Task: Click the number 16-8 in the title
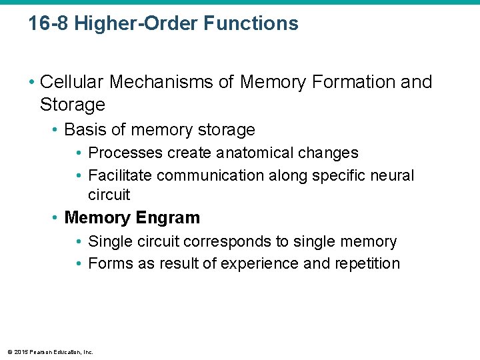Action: pos(48,23)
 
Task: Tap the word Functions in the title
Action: pos(251,23)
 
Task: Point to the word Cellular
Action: pos(73,82)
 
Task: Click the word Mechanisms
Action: pos(159,82)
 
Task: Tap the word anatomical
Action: pos(261,153)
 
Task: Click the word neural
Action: pos(394,175)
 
